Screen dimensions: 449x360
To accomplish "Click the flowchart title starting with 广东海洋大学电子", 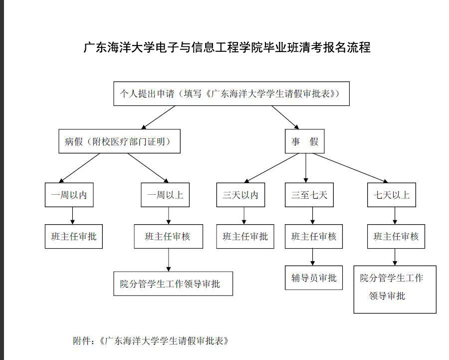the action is (227, 47).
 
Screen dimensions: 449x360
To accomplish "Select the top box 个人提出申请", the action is (231, 94).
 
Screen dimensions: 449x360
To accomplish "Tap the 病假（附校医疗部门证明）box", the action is (119, 141).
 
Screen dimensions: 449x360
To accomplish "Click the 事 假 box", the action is (305, 141).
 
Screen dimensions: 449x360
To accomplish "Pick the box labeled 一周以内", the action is (69, 195).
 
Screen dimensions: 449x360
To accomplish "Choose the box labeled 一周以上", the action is (165, 195).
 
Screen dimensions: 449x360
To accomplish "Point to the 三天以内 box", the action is (240, 195).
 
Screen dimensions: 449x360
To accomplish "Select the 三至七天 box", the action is (309, 195).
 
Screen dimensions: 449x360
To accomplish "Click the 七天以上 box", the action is (392, 195).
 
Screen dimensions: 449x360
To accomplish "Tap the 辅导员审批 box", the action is (314, 278).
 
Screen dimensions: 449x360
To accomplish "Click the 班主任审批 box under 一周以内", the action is (74, 237).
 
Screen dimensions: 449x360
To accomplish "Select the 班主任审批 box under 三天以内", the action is (245, 237).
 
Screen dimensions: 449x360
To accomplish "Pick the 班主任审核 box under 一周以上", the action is (169, 237).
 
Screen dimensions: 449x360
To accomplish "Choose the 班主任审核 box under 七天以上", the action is (396, 237).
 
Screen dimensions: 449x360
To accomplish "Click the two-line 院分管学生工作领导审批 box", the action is (395, 290).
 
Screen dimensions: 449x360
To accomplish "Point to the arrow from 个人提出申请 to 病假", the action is (158, 117).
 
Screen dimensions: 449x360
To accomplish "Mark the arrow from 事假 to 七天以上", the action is (350, 168).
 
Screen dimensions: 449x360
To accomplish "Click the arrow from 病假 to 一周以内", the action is (79, 168).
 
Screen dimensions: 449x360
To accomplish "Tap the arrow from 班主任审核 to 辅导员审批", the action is (312, 257).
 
